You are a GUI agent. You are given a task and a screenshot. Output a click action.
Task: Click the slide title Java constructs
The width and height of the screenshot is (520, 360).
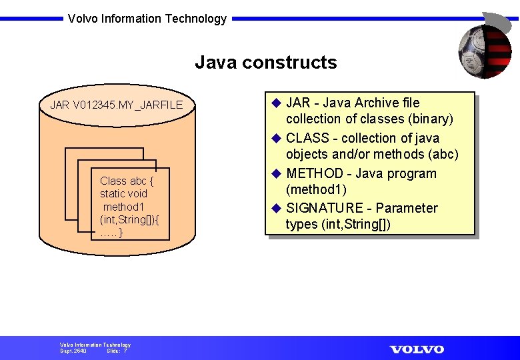(265, 63)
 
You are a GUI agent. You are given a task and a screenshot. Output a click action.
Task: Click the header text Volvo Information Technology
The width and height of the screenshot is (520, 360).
(147, 19)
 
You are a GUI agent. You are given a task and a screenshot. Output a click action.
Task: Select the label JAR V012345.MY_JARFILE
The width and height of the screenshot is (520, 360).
(116, 105)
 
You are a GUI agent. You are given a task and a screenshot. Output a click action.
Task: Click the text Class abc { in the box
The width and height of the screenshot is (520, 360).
(127, 181)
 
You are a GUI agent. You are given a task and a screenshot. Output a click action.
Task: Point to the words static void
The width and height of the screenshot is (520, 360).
(123, 193)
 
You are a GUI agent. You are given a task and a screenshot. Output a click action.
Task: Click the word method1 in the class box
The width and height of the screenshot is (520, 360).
(124, 206)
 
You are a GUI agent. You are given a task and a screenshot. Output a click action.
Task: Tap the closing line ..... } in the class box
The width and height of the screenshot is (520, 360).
(111, 231)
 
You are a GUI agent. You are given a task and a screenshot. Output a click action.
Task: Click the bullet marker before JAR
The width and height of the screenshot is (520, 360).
(277, 103)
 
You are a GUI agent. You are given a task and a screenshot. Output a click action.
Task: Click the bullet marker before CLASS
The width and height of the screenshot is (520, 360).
(277, 138)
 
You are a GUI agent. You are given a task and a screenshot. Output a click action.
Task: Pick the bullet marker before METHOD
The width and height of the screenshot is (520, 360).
(277, 173)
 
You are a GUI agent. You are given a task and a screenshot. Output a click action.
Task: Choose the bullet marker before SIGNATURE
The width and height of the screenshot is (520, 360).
(277, 208)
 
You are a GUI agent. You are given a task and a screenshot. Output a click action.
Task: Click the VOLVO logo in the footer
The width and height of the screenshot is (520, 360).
(417, 349)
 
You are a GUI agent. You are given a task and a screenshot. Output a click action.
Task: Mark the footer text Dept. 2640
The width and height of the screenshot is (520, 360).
(73, 351)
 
